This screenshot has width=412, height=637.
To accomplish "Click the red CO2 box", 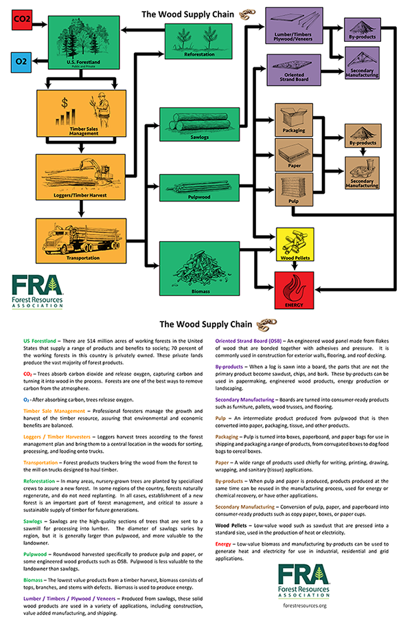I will [x=23, y=21].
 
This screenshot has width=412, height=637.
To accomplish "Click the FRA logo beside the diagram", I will [x=37, y=291].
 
